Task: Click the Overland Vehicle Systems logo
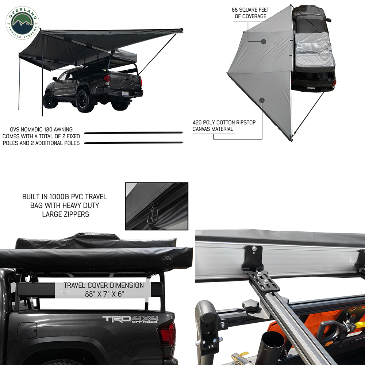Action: pos(23,23)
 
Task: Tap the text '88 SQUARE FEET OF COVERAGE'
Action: pos(250,13)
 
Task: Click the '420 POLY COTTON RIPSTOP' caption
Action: pos(224,122)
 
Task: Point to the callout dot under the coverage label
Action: pos(264,42)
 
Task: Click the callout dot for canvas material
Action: pos(262,100)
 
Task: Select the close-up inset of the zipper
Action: pos(157,206)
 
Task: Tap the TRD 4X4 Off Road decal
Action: pos(130,319)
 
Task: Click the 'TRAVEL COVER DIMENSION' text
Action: pos(104,285)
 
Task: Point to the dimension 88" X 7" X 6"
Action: pos(104,294)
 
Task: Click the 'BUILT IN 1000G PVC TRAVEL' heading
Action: pos(65,197)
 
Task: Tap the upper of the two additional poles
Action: pos(134,133)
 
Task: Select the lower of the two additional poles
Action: pos(134,143)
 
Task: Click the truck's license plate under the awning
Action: pos(125,93)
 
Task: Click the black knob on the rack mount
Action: pos(250,304)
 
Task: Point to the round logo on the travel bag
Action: pos(167,259)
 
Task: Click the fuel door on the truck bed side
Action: pos(27,331)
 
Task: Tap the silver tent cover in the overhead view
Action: pos(314,51)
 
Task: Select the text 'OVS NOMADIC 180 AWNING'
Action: pos(41,130)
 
